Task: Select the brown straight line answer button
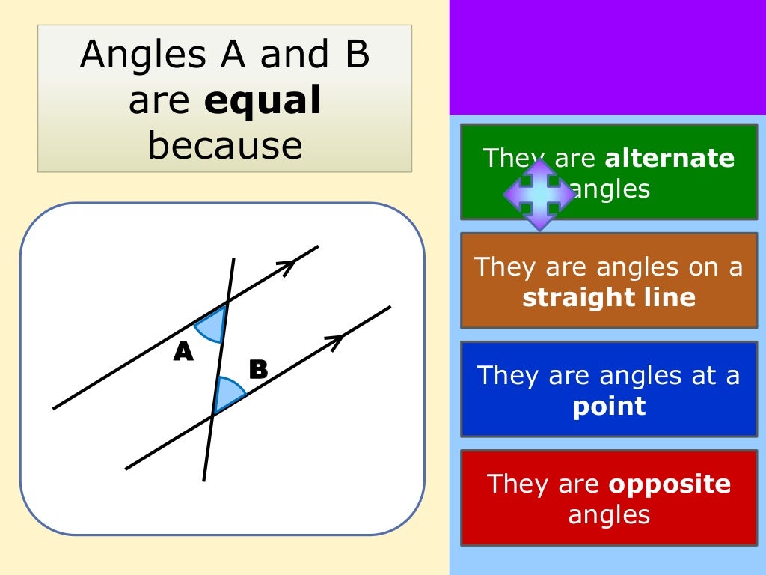(x=609, y=281)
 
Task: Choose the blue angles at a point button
(x=609, y=389)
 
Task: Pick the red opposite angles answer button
(x=609, y=498)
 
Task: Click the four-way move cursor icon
(x=539, y=193)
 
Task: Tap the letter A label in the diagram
(x=183, y=352)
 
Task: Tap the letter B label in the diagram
(x=258, y=369)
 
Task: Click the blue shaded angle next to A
(x=212, y=325)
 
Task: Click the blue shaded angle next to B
(x=227, y=394)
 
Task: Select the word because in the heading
(x=224, y=146)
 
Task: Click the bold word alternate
(x=670, y=159)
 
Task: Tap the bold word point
(x=609, y=406)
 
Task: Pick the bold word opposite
(x=670, y=484)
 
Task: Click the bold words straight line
(x=609, y=298)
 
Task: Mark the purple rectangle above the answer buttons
(x=607, y=56)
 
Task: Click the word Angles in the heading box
(x=130, y=55)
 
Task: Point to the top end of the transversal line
(x=233, y=261)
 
